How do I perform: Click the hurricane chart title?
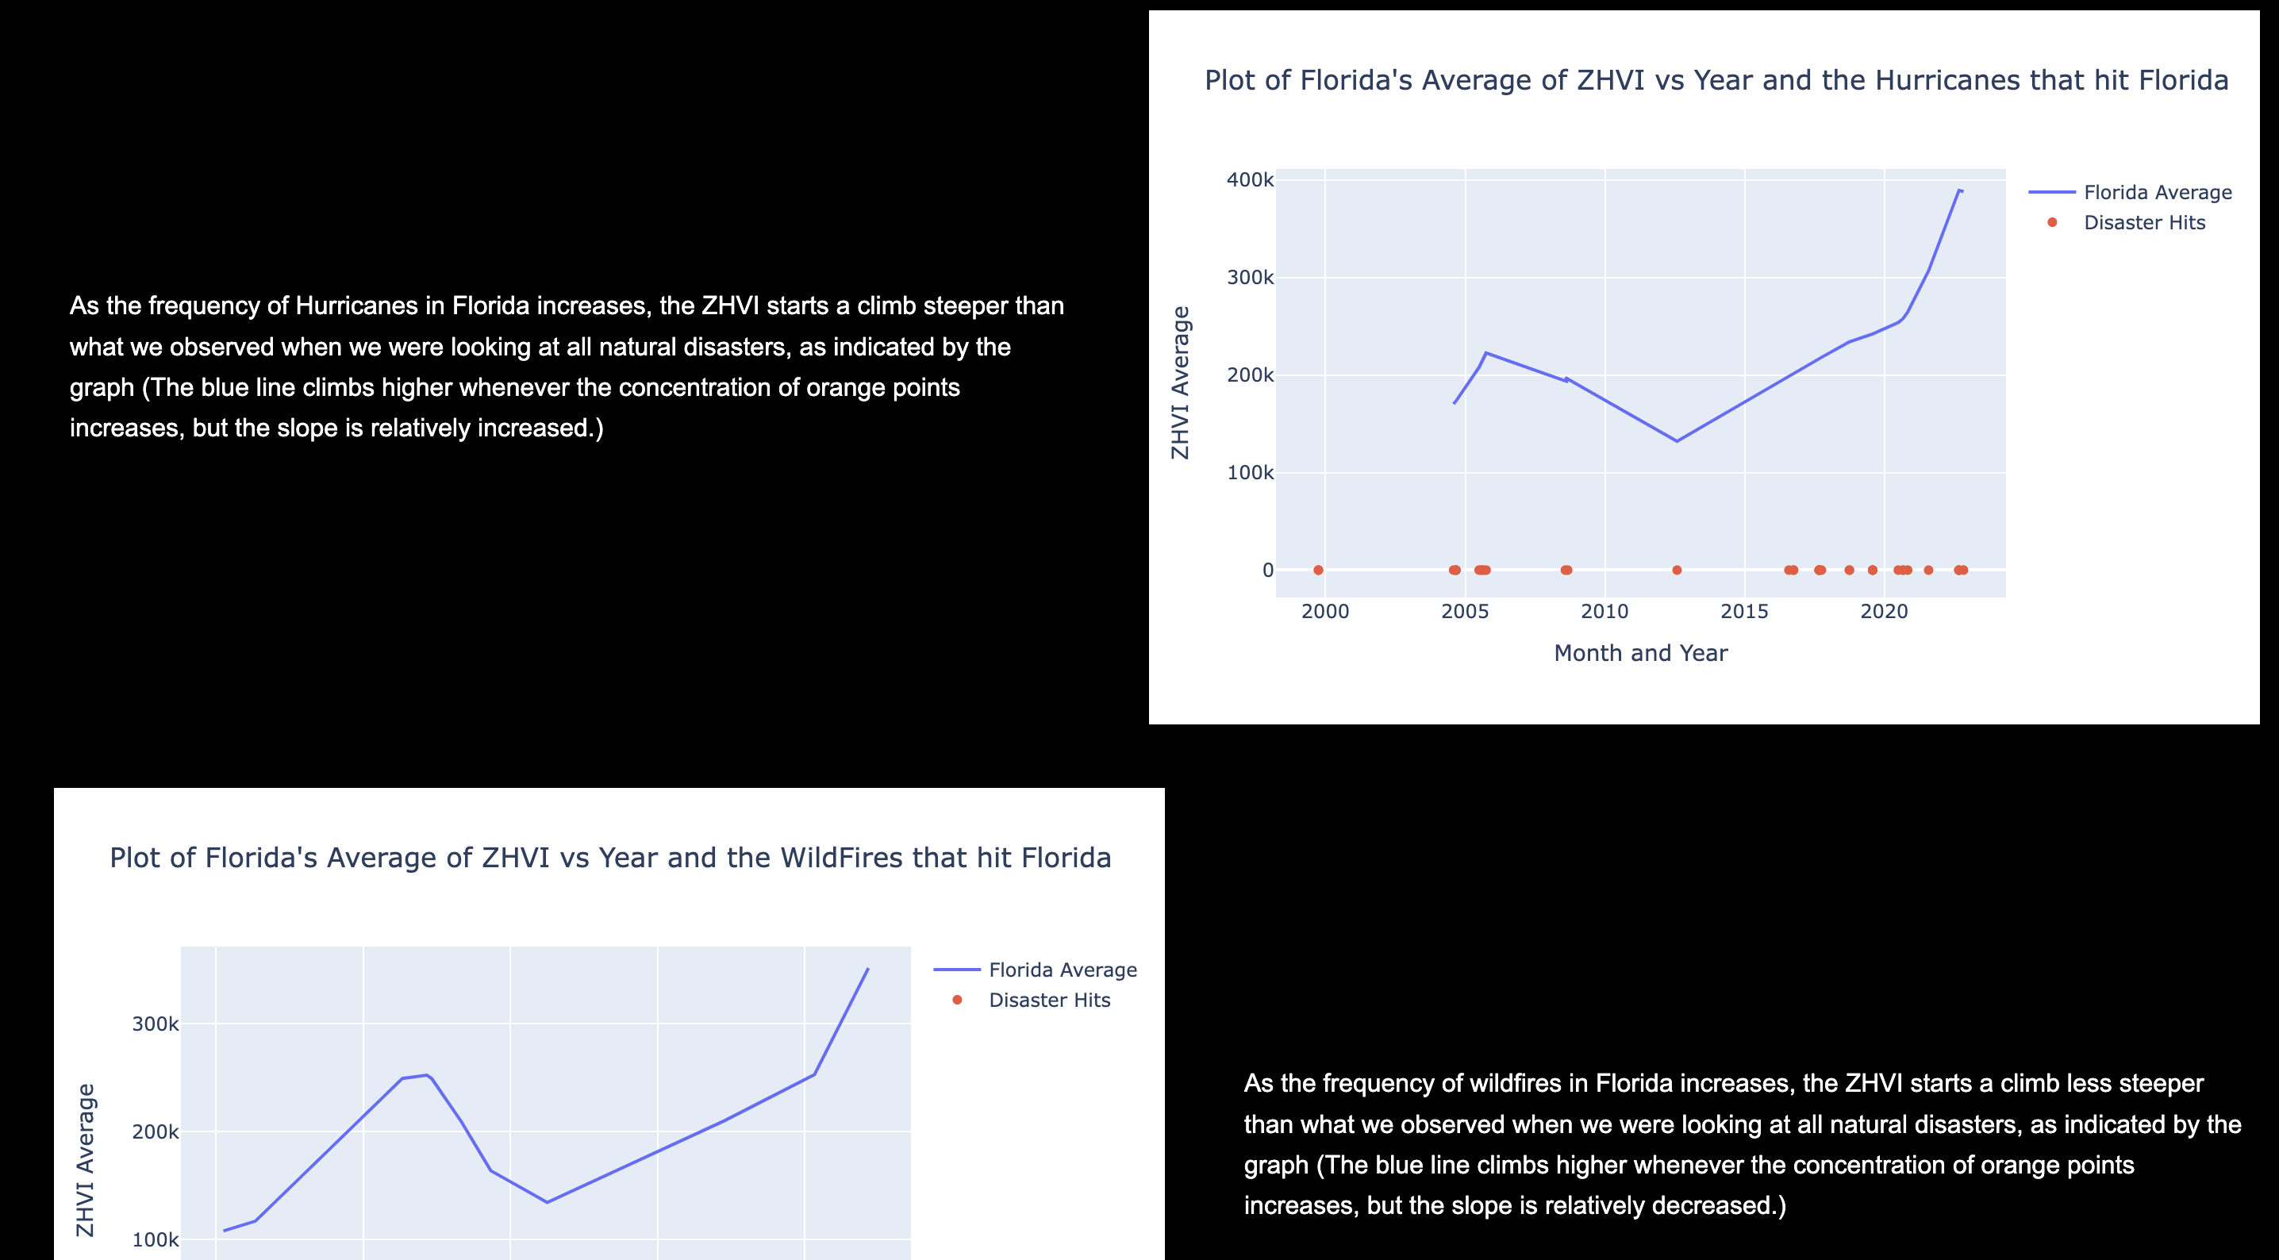coord(1716,80)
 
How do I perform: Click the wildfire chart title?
coord(609,858)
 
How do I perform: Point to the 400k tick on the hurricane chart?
coord(1249,180)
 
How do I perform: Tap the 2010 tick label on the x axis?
coord(1604,612)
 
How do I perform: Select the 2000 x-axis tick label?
coord(1324,612)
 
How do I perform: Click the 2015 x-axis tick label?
coord(1743,612)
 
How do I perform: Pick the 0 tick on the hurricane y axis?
coord(1268,570)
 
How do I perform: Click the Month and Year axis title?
coord(1640,653)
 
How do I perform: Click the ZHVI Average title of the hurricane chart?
coord(1180,382)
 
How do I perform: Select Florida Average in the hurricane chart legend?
coord(2157,193)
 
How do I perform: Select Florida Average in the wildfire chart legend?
coord(1062,970)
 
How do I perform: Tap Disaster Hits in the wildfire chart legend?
coord(1048,1000)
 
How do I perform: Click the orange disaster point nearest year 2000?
coord(1318,570)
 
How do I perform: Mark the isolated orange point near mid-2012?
coord(1677,570)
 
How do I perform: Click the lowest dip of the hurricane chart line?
coord(1677,440)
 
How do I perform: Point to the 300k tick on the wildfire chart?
coord(155,1024)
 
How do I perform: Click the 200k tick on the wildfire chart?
coord(155,1132)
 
